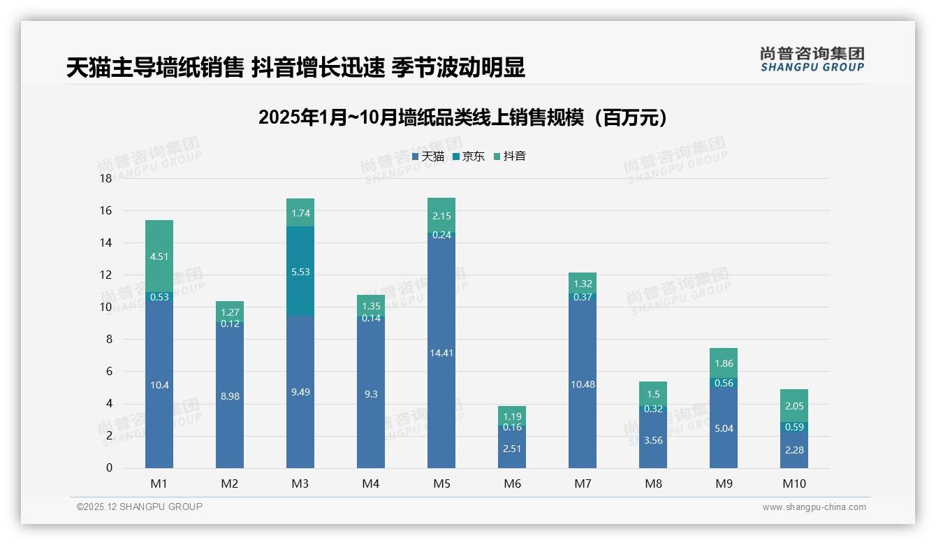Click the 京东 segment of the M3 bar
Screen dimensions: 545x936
coord(300,271)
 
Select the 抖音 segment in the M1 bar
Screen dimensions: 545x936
coord(159,256)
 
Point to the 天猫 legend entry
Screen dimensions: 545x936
coord(428,157)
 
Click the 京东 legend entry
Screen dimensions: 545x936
coord(469,157)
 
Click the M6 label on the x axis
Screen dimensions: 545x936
coord(512,484)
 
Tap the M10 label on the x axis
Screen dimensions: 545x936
coord(794,484)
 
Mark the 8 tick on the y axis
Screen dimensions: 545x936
coord(108,340)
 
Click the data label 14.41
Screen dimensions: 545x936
coord(441,353)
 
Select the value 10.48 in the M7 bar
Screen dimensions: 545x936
coord(583,384)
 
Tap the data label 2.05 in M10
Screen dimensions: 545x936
coord(794,406)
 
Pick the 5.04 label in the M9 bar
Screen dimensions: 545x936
coord(724,428)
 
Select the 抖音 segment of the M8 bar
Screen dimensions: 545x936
coord(653,393)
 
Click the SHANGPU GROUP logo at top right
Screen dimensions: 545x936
coord(812,59)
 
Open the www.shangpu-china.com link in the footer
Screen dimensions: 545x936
coord(814,507)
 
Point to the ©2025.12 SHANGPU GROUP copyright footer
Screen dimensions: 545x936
coord(140,507)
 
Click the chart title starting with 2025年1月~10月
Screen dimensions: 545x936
coord(462,117)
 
